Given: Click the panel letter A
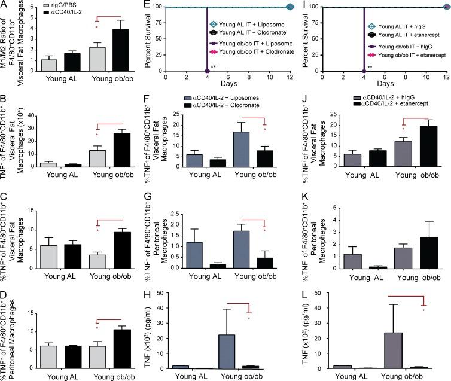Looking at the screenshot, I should pos(4,5).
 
